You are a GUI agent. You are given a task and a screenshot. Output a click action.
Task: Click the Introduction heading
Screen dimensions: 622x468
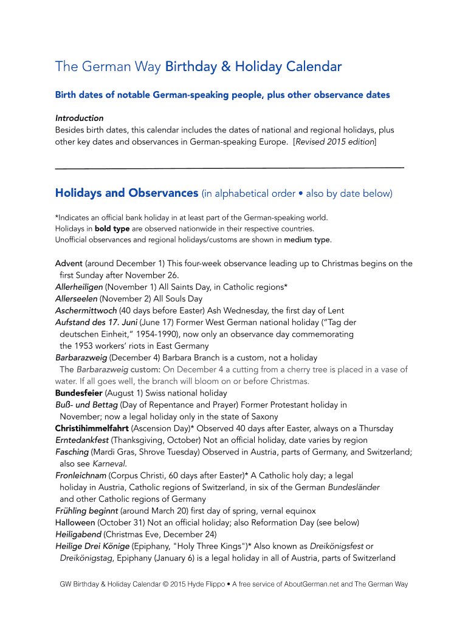(79, 118)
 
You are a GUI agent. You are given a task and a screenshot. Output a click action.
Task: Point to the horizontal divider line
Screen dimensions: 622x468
(229, 167)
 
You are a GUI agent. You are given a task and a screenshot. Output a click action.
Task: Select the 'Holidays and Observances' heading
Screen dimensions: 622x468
(126, 193)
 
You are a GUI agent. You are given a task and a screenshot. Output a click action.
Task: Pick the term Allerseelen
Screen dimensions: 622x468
(76, 299)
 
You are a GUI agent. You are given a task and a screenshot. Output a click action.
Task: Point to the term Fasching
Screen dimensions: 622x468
(72, 452)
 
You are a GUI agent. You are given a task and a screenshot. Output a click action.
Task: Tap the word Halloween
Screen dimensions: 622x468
(75, 522)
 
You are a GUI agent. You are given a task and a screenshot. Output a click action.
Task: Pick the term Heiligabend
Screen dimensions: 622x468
(78, 535)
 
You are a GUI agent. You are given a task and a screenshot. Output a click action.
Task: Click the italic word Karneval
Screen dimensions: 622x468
(109, 463)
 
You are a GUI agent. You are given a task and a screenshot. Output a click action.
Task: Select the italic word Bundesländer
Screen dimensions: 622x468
(354, 487)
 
